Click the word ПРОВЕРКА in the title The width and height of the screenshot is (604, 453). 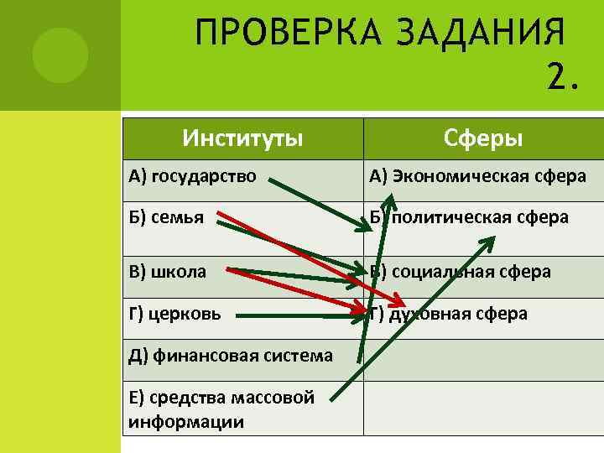(x=269, y=35)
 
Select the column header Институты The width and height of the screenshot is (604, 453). (x=243, y=137)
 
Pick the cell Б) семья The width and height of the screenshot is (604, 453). (x=167, y=217)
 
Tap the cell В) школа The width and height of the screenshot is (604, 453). (x=168, y=272)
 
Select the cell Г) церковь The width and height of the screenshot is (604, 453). (x=175, y=314)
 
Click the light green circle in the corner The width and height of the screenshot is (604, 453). (x=60, y=55)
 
